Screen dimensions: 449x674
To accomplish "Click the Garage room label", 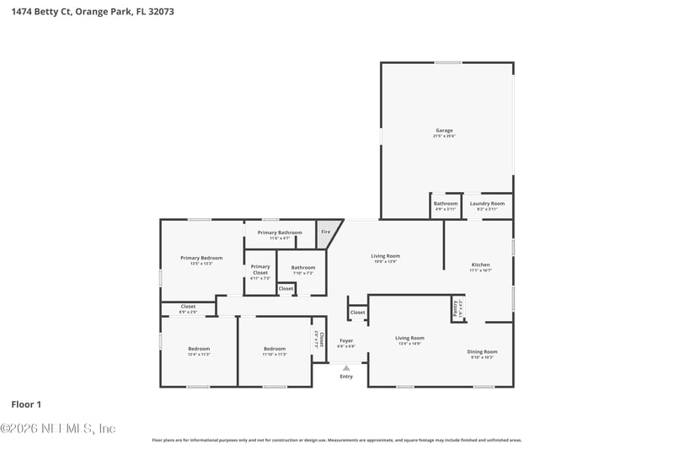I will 444,131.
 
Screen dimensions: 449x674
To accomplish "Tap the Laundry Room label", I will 487,203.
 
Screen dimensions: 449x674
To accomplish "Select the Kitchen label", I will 479,265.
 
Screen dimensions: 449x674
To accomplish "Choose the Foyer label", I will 346,340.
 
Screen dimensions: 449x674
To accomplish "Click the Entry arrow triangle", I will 346,368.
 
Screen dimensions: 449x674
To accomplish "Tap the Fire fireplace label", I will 326,231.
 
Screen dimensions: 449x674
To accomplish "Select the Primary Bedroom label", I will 201,258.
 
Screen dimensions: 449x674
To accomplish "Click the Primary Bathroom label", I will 280,233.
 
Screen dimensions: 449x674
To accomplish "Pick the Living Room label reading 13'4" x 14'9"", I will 409,338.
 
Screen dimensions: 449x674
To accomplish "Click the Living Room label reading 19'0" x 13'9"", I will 386,256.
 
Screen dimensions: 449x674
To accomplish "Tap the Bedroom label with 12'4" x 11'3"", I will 199,349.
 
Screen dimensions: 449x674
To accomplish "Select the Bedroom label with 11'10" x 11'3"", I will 275,349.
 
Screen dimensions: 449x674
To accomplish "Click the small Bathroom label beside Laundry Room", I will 446,203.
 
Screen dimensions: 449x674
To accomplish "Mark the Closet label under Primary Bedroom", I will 188,307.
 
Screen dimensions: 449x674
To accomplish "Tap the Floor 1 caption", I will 26,404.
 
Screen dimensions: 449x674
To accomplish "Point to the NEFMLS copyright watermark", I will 58,428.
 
